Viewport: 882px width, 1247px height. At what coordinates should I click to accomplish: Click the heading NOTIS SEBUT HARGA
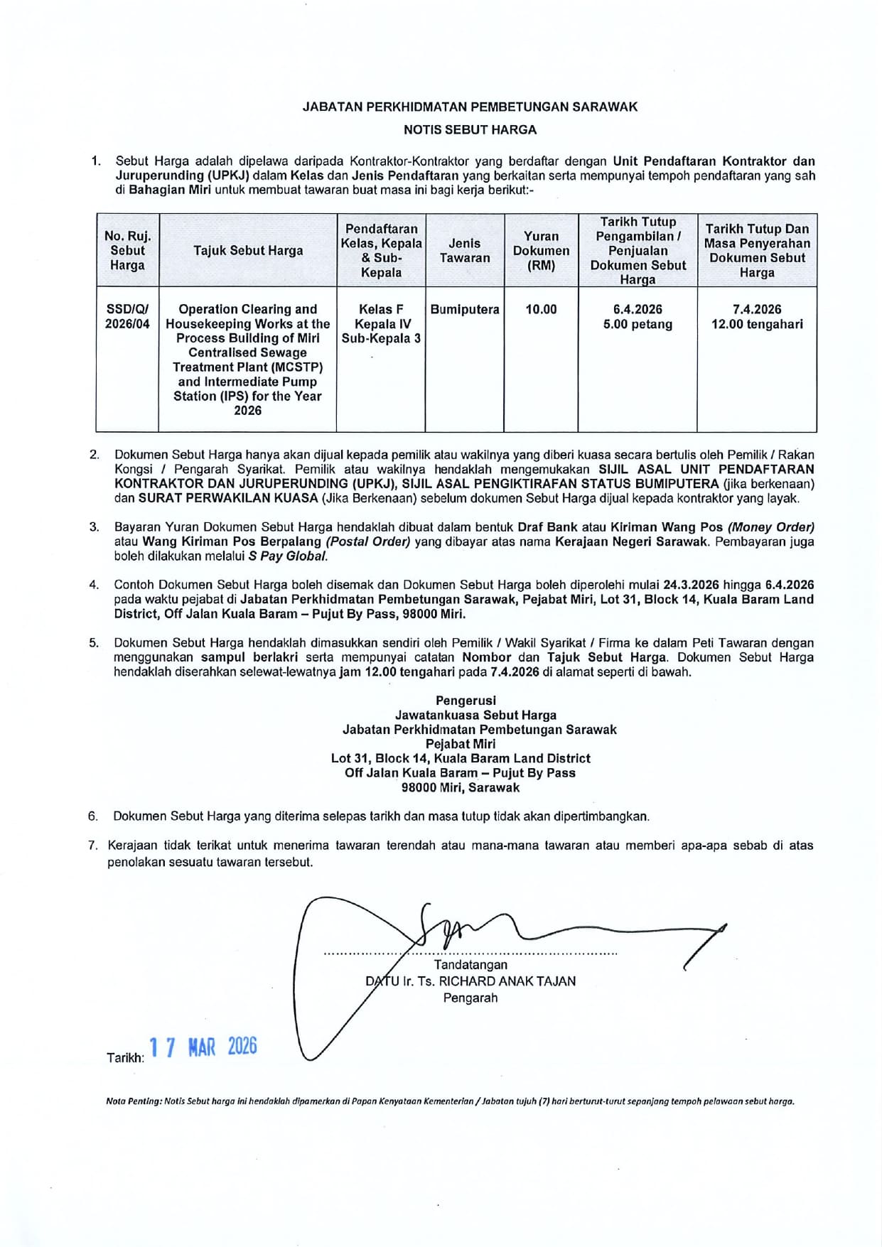click(x=470, y=130)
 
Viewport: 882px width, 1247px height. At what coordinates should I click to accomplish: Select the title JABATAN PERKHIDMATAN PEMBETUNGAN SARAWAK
click(x=470, y=107)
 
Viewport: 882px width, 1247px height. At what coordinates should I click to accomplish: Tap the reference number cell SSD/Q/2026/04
click(x=127, y=317)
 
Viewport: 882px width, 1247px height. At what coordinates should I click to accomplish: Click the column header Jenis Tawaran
click(x=465, y=251)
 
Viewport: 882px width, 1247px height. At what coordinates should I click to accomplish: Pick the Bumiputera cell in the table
click(x=465, y=310)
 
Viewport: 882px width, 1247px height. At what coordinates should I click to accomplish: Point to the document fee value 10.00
click(x=541, y=310)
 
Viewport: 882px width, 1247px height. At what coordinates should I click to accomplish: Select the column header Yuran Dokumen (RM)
click(x=541, y=251)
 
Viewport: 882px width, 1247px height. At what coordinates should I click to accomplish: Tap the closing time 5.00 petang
click(x=638, y=325)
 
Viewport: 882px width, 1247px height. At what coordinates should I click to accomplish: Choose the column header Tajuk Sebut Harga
click(x=248, y=251)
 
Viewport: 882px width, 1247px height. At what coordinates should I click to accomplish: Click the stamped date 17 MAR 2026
click(x=204, y=1047)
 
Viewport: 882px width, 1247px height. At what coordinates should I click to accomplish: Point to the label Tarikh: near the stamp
click(x=125, y=1058)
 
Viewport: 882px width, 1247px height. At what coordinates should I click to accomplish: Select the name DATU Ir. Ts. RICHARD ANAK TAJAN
click(x=470, y=981)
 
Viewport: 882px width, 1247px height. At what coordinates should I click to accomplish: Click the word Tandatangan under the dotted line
click(x=470, y=965)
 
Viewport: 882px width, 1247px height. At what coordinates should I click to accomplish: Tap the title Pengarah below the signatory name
click(x=470, y=998)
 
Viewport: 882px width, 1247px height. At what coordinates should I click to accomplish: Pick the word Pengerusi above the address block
click(x=466, y=701)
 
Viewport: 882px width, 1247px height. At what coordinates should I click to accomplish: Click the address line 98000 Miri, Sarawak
click(x=461, y=788)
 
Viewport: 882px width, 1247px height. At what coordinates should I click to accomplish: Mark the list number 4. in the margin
click(x=94, y=585)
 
